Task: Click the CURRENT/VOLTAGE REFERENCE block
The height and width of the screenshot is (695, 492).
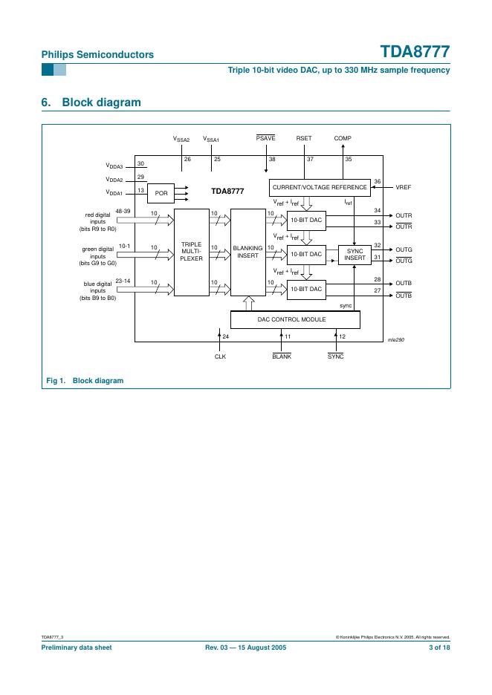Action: coord(320,187)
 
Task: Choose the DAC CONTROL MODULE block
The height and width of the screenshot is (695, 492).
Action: coord(295,319)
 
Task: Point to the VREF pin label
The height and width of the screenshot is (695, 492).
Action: coord(404,187)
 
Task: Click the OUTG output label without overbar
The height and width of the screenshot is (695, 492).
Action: coord(404,249)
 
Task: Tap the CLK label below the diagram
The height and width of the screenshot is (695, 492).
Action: coord(220,357)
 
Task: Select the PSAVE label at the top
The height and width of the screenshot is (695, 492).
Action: coord(266,139)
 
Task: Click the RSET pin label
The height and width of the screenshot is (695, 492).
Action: coord(304,139)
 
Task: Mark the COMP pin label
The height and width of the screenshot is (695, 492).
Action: coord(343,139)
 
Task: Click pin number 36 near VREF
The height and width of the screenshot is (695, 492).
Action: coord(378,181)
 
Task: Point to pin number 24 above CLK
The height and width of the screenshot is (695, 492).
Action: coord(226,338)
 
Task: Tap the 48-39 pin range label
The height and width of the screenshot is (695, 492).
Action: coord(123,211)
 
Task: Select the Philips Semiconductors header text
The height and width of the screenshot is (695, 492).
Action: coord(97,54)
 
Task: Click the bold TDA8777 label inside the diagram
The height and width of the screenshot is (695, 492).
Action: coord(227,191)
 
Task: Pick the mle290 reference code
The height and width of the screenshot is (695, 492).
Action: coord(395,339)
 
